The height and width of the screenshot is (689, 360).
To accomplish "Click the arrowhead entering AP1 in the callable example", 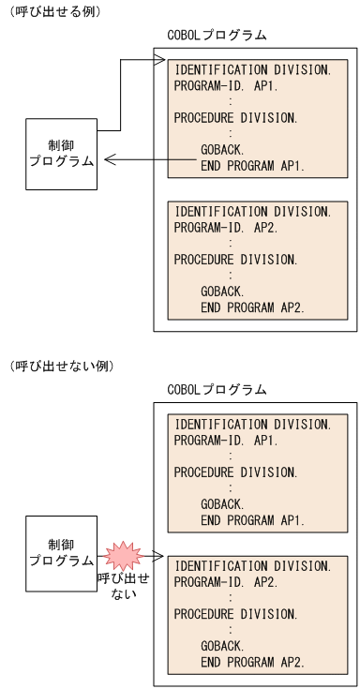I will click(159, 62).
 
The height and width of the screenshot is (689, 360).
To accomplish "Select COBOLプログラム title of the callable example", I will click(217, 36).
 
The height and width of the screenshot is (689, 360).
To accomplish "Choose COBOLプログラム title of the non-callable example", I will click(217, 389).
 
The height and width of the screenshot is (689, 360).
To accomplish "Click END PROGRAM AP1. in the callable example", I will click(252, 166).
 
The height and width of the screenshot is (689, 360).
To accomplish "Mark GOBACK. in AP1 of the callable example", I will click(222, 149).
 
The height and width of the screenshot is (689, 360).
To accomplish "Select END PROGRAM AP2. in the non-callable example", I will click(252, 662).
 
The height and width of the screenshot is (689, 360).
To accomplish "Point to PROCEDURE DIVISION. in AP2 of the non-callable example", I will click(235, 614).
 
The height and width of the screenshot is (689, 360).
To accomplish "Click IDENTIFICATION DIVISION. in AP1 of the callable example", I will click(252, 69).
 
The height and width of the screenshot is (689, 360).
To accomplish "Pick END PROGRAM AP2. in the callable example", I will click(252, 307).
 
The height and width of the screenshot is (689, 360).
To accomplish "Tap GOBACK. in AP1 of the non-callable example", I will click(222, 503).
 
